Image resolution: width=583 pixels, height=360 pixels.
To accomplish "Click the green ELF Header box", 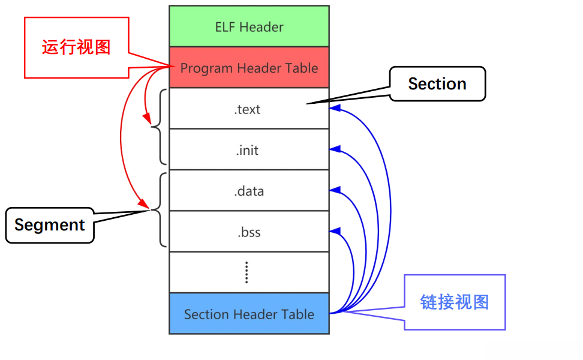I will click(249, 26).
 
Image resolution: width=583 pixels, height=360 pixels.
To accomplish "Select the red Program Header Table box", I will click(249, 68).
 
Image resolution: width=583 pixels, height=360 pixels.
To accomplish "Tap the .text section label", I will click(248, 109).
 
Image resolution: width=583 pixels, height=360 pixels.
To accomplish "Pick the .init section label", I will click(247, 150).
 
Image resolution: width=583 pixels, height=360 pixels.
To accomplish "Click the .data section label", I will click(248, 191).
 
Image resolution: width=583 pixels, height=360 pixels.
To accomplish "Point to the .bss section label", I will click(248, 232).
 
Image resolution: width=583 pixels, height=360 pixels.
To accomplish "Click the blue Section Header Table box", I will click(249, 314).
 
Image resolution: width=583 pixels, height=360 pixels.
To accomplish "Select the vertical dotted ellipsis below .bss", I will click(247, 272).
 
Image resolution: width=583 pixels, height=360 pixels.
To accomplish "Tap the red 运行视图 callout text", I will click(76, 47).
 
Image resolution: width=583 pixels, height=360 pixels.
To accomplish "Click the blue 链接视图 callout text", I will click(454, 302).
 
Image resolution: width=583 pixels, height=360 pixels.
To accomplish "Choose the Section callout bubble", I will click(437, 84).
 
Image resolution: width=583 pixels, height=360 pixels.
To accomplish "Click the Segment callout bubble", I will click(50, 225).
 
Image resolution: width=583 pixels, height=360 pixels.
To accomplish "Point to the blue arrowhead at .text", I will click(335, 109).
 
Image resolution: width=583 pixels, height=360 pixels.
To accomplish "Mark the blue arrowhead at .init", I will click(335, 149).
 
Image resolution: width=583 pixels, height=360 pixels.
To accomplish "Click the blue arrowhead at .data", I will click(335, 190).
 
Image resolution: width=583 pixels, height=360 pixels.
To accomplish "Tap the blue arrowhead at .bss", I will click(335, 231).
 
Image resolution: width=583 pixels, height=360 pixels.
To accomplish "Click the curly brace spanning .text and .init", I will click(160, 127).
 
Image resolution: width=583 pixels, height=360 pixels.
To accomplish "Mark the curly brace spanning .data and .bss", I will click(160, 210).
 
